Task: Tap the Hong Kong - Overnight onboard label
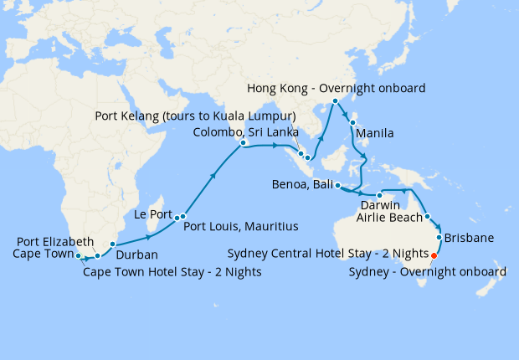pos(337,88)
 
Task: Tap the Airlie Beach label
pos(389,218)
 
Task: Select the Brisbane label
pos(470,238)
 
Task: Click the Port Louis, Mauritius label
pos(240,226)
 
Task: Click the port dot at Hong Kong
pos(335,101)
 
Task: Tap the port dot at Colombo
pos(243,144)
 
